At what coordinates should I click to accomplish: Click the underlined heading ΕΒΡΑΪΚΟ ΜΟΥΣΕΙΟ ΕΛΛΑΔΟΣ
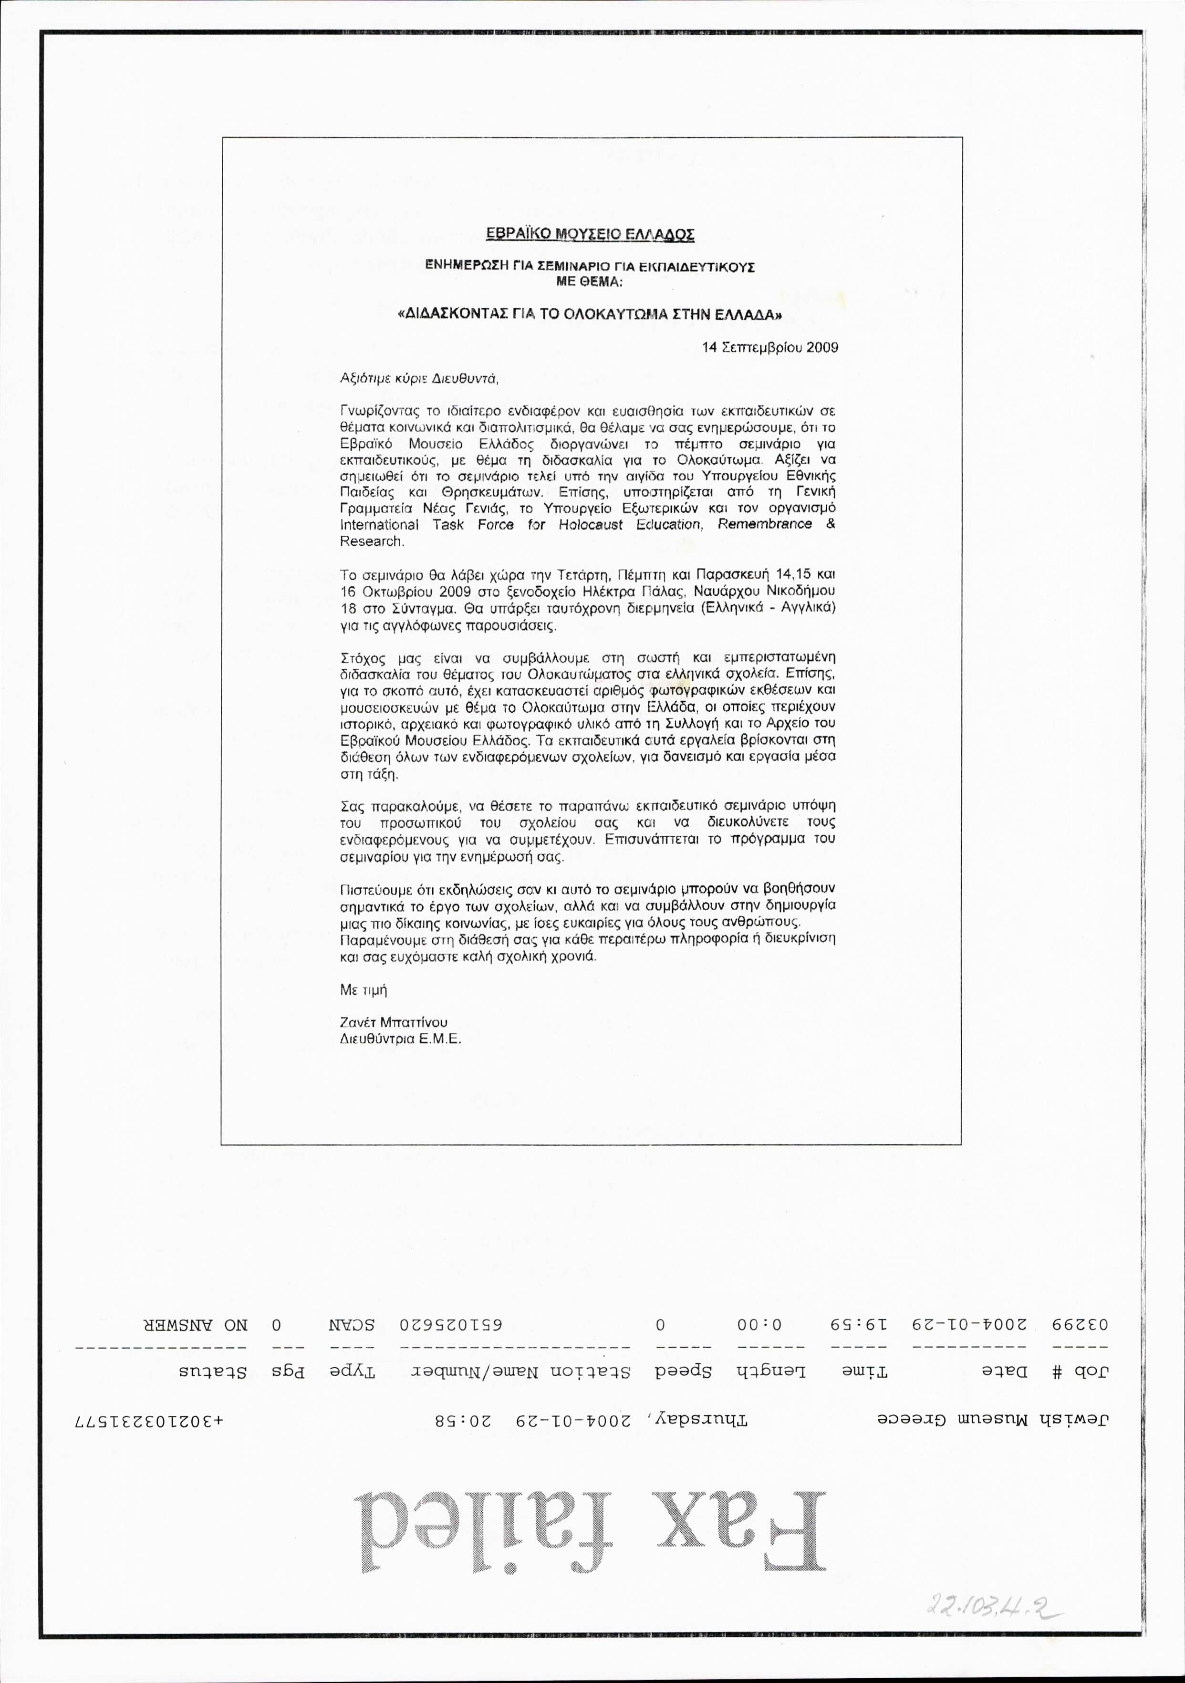click(x=591, y=235)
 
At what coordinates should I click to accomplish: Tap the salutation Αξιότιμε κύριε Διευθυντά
click(x=419, y=379)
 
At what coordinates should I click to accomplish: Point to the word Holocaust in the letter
click(x=591, y=525)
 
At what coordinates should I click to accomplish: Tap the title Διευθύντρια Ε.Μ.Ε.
click(x=401, y=1039)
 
